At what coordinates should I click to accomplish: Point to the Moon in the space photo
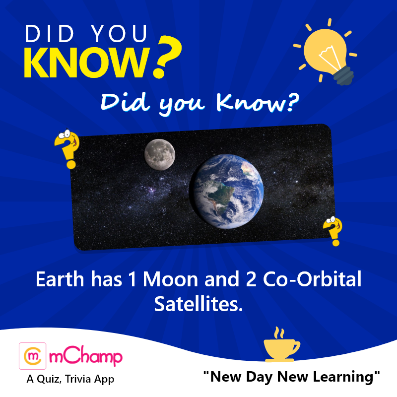[160, 154]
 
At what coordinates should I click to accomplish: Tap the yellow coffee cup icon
[281, 344]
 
